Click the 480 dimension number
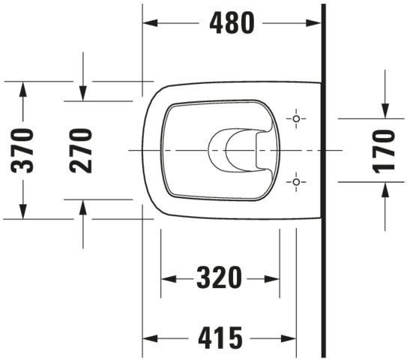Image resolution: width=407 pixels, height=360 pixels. [x=232, y=23]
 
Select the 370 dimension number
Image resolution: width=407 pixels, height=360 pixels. [x=22, y=151]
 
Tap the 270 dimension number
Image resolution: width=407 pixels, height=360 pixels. [x=81, y=151]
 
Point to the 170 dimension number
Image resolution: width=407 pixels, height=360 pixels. [x=384, y=151]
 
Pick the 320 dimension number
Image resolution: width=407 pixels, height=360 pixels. [x=220, y=277]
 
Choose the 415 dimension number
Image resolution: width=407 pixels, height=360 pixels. [x=220, y=337]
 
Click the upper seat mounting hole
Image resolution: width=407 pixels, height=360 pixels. [x=296, y=118]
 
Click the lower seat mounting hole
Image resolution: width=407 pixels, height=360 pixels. [x=296, y=181]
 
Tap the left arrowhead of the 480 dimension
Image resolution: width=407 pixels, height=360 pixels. [x=150, y=22]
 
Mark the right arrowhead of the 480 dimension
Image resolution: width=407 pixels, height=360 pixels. [x=313, y=23]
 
